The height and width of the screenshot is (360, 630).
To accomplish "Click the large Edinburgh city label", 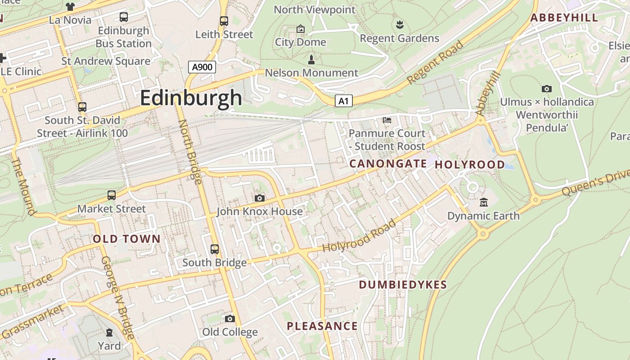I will (x=191, y=98).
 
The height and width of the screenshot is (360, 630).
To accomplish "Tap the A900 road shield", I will (x=202, y=67).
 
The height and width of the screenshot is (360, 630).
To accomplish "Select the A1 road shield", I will (x=343, y=101).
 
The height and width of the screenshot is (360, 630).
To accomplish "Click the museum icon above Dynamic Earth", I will (x=484, y=202).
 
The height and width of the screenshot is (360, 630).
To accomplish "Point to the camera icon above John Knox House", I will (x=259, y=198).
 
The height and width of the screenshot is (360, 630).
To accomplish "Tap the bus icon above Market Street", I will (x=111, y=195).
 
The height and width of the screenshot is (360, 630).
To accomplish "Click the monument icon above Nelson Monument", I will (x=311, y=59).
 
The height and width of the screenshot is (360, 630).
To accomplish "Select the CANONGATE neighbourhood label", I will (x=388, y=164).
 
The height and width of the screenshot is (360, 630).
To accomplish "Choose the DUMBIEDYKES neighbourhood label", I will (x=403, y=284).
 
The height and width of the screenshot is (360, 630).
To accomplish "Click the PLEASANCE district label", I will (x=322, y=326).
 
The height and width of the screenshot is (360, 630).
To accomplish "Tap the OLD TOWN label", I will (x=126, y=239).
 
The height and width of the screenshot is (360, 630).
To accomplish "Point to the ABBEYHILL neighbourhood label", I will (x=564, y=18).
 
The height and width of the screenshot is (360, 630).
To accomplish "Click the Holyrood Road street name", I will (x=360, y=236).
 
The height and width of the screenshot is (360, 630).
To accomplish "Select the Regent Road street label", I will (x=435, y=62).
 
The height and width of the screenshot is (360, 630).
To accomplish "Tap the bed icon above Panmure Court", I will (x=387, y=120).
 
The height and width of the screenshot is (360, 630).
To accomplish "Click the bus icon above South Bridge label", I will (x=215, y=249).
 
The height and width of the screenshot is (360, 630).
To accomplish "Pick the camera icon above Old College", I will (x=230, y=319).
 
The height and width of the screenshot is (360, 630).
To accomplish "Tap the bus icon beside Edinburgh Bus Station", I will (x=123, y=17).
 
